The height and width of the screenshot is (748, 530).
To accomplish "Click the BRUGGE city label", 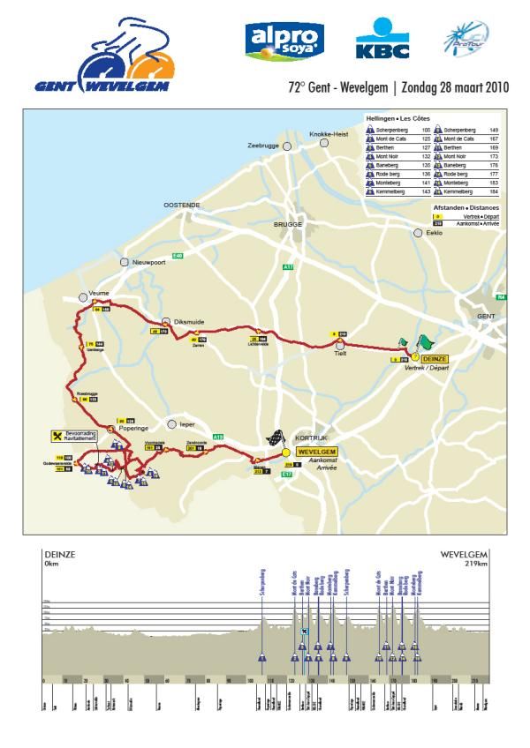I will click(288, 226).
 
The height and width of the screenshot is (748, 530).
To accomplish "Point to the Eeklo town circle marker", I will click(418, 234).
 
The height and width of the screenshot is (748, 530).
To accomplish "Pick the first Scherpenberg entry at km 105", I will click(392, 129).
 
